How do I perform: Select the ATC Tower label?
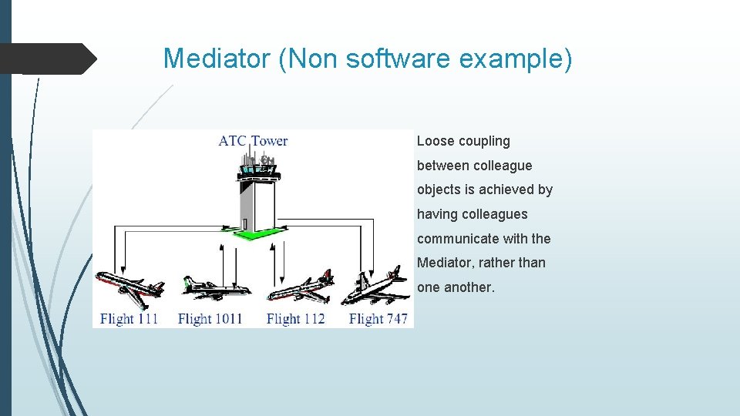pos(253,140)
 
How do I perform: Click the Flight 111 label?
pos(129,318)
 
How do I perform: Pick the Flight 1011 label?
pos(210,318)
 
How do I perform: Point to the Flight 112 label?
pos(295,318)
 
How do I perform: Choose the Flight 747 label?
pos(378,318)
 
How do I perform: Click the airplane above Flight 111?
pos(129,287)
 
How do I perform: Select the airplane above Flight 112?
pos(301,289)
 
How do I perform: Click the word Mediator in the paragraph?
pos(444,263)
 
